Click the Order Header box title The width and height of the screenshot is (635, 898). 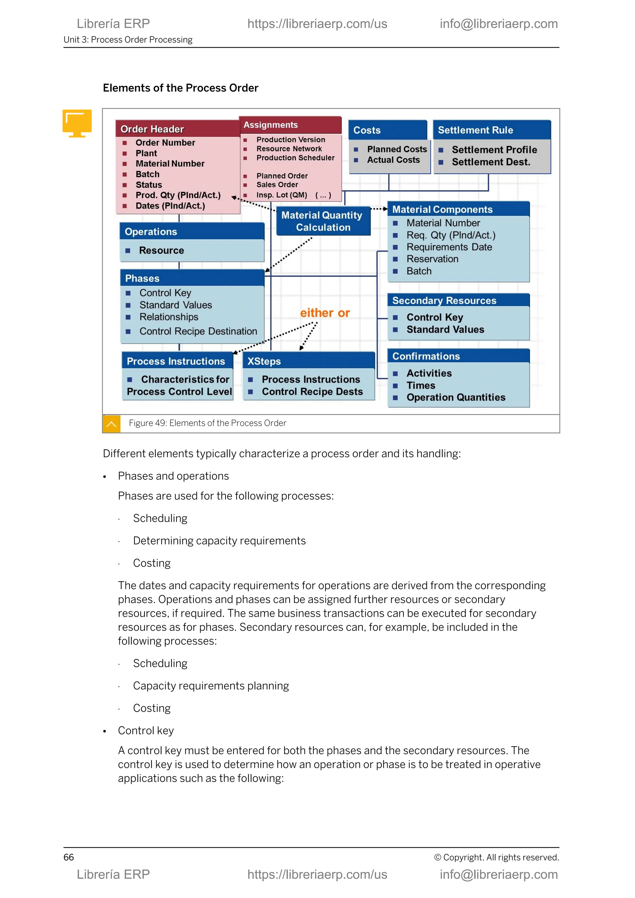152,129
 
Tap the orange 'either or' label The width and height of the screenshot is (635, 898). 325,313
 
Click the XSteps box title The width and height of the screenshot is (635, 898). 264,361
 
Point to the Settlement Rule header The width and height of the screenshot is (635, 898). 475,130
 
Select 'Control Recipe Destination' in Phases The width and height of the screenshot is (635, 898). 198,331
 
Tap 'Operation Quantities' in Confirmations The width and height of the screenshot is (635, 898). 455,398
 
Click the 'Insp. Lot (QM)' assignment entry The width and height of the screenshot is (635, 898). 282,195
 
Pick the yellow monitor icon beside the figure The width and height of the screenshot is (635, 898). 77,123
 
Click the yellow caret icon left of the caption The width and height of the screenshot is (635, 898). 111,424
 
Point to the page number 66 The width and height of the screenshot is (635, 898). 69,857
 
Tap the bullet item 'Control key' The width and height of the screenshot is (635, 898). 145,731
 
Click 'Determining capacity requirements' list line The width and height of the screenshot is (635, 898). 219,540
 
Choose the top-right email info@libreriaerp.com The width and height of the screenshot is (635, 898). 499,24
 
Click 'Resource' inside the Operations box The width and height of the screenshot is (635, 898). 161,250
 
